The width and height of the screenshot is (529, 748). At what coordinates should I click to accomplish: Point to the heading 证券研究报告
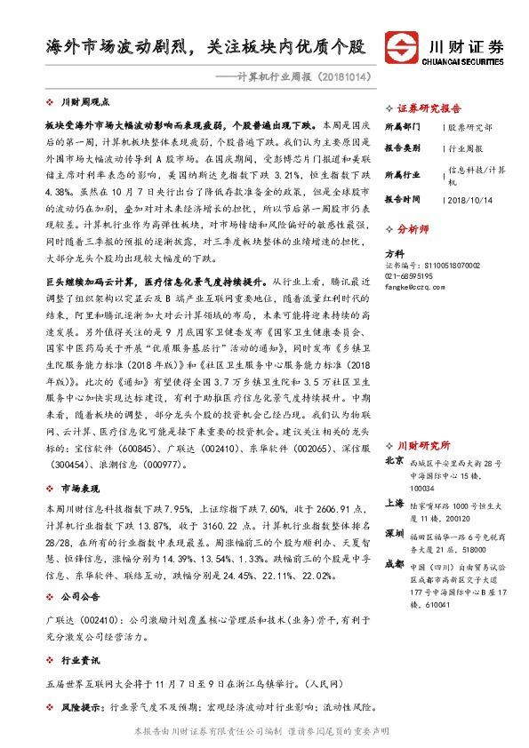[429, 104]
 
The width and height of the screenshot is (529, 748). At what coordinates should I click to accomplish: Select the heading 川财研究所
[423, 444]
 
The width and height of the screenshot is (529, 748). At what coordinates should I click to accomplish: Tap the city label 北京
[394, 461]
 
